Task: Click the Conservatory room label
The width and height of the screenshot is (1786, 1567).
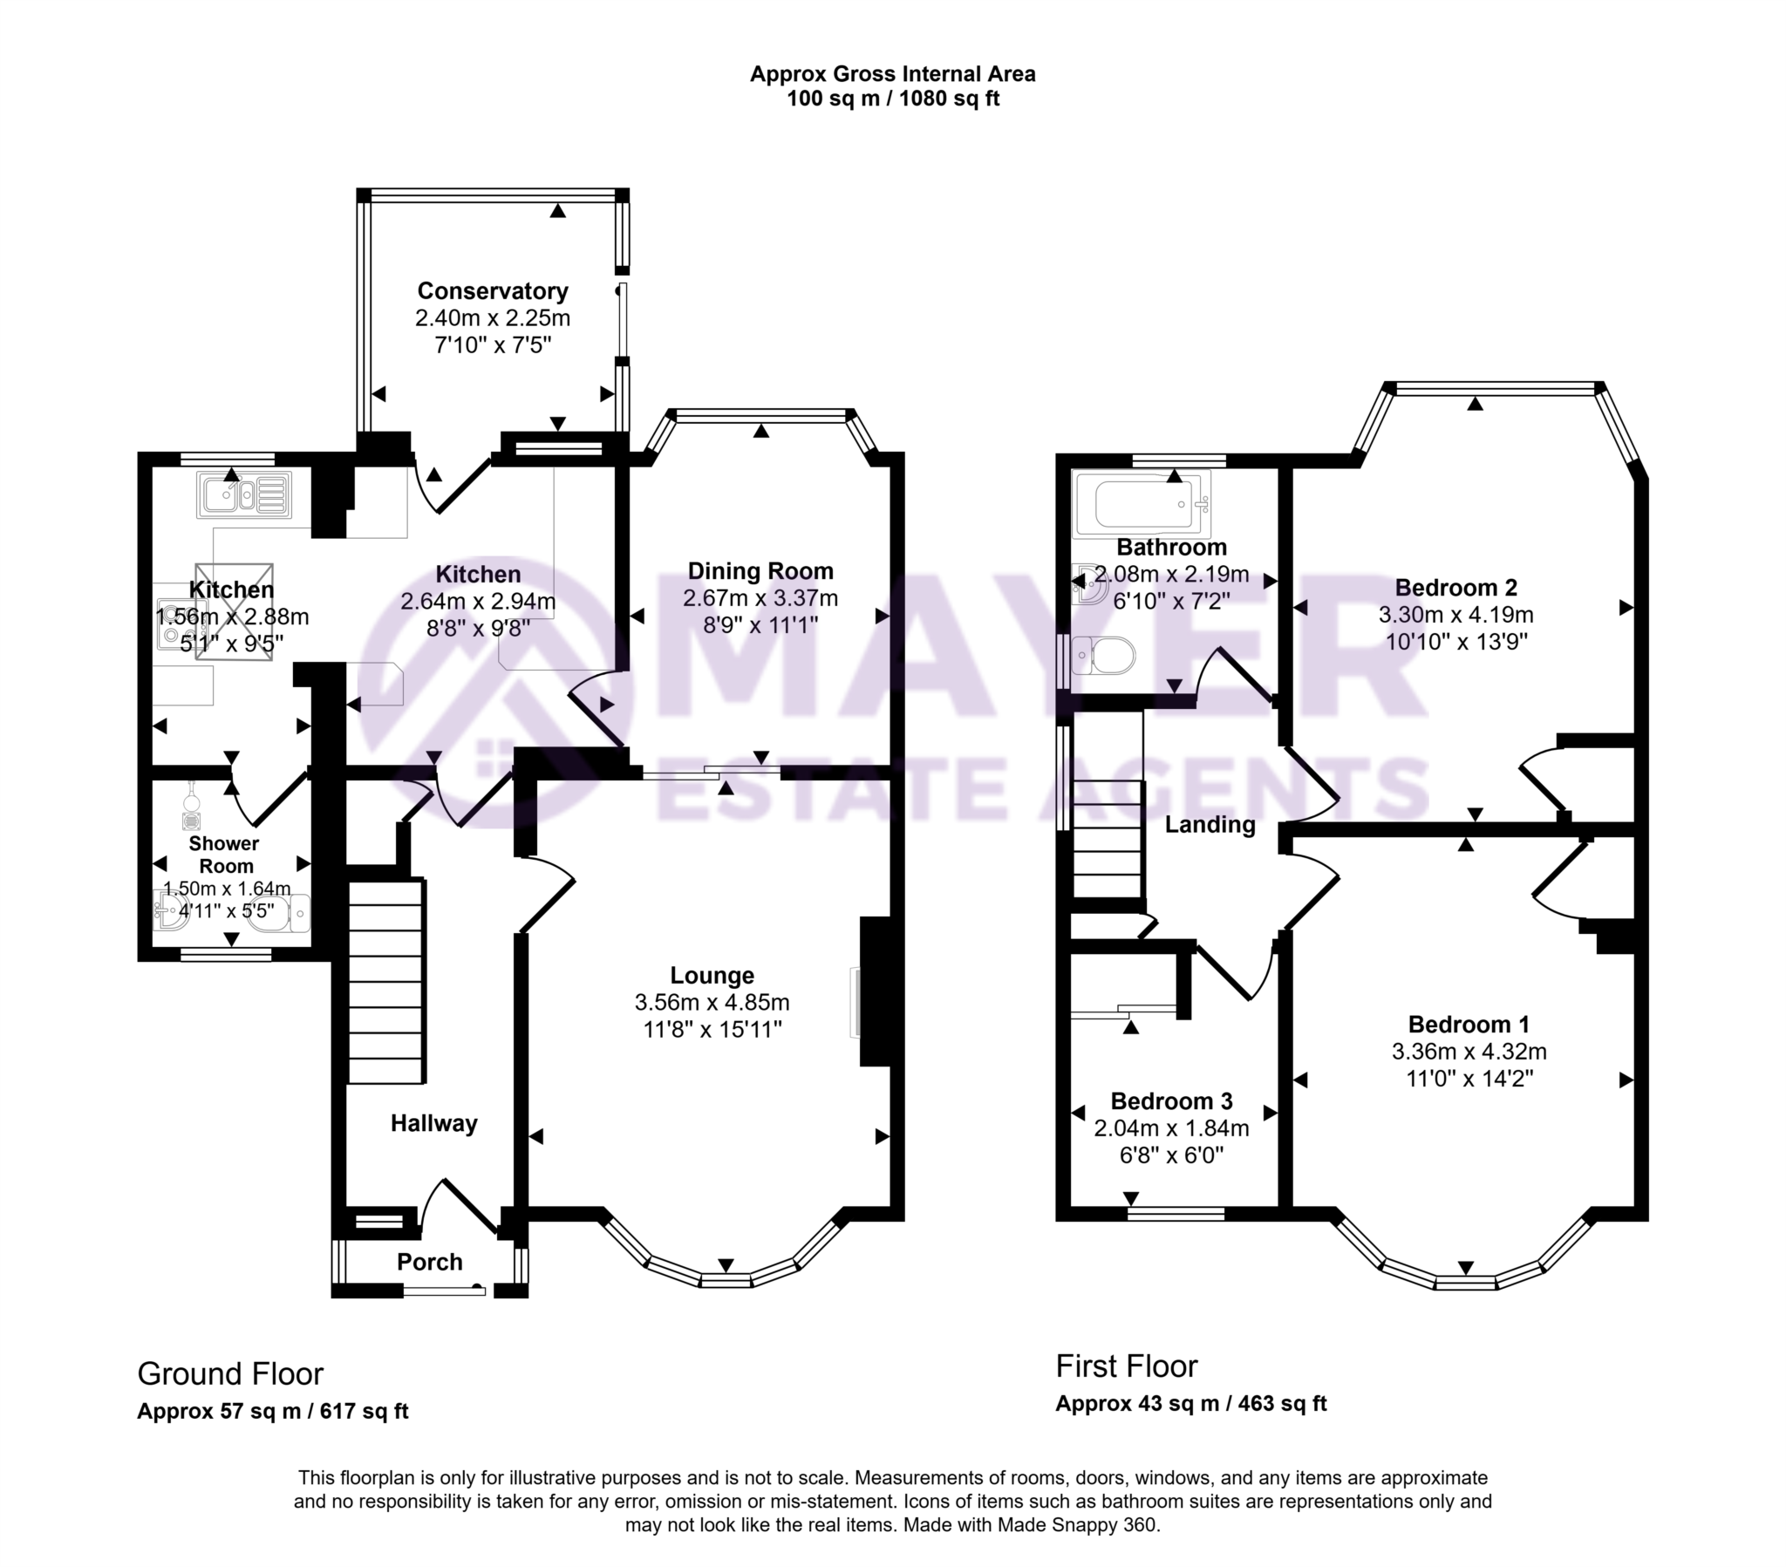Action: tap(492, 291)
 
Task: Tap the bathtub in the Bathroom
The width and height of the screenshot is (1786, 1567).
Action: tap(1141, 503)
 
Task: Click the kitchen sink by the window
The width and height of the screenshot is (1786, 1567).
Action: tap(243, 495)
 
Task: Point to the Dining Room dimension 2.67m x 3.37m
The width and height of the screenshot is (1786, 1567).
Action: tap(760, 599)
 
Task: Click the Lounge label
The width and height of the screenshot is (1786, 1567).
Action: tap(712, 975)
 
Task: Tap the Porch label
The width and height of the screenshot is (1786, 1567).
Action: tap(429, 1262)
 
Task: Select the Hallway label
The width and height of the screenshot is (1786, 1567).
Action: tap(433, 1124)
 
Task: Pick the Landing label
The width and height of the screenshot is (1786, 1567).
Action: tap(1210, 825)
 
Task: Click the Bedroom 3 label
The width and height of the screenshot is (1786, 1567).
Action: tap(1171, 1101)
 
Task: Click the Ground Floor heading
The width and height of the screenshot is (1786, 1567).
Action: tap(231, 1375)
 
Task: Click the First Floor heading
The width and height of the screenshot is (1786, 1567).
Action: tap(1127, 1366)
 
